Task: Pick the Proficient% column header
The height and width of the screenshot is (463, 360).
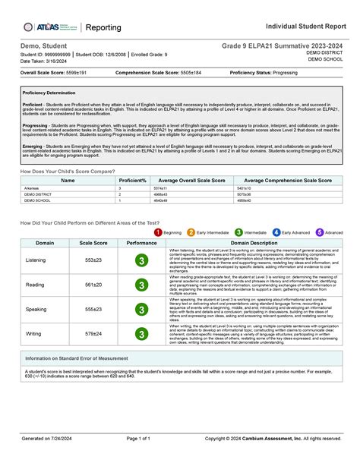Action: (132, 181)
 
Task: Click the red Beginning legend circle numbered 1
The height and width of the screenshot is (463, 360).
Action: (158, 232)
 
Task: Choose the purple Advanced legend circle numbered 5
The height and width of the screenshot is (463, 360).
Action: (319, 232)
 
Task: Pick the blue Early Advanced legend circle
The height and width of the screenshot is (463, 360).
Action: (276, 232)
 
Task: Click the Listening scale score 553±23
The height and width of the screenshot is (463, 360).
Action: (93, 260)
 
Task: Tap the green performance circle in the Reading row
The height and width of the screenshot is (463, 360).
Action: (141, 285)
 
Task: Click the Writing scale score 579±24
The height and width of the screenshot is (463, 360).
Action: (93, 333)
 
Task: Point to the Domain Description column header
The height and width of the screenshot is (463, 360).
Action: (254, 242)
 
